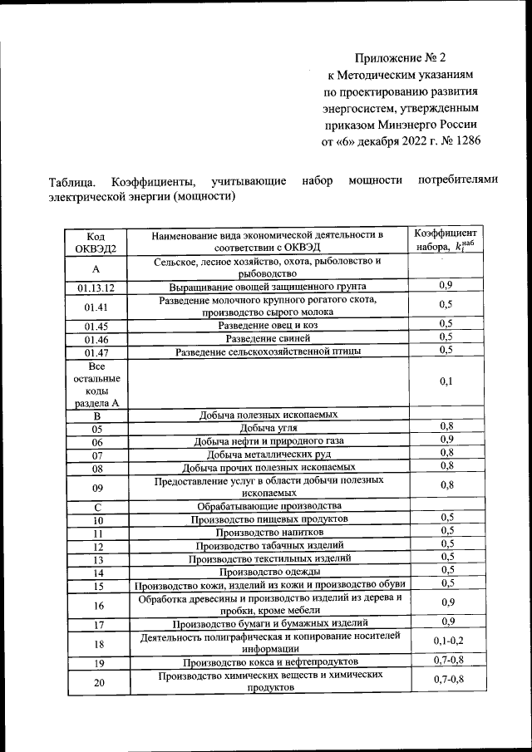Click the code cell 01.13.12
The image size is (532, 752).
point(96,288)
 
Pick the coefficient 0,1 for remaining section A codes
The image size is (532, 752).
point(446,381)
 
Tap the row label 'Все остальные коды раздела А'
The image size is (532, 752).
point(96,383)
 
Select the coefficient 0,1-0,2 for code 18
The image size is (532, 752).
point(447,641)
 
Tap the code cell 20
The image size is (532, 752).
point(96,682)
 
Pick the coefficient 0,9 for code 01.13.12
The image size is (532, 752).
point(446,286)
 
